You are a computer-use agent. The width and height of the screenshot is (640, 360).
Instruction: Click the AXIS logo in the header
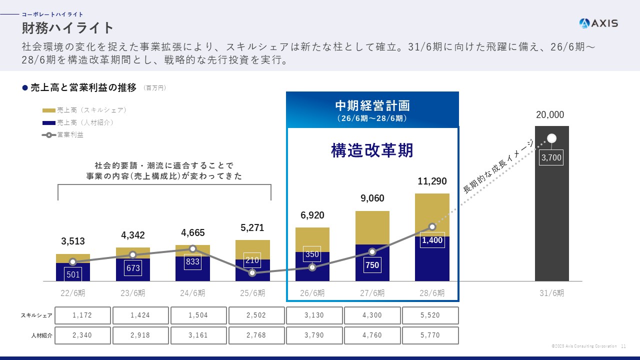tap(598, 23)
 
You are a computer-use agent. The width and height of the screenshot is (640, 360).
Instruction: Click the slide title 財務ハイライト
tap(68, 27)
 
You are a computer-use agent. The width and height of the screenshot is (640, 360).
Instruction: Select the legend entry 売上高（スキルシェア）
tap(84, 110)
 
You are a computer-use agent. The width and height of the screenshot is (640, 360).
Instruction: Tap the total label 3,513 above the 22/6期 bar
tap(73, 241)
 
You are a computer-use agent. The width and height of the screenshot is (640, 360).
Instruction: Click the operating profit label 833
tap(192, 261)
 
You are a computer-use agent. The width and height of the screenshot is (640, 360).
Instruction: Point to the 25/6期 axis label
tap(252, 293)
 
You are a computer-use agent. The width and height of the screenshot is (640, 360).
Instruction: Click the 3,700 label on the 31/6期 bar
tap(551, 158)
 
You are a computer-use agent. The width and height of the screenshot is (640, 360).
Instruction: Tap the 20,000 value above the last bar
tap(550, 115)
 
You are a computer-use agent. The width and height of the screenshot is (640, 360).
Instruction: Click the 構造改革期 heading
tap(372, 150)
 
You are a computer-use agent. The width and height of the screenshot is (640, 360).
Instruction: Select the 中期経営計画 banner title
tap(372, 106)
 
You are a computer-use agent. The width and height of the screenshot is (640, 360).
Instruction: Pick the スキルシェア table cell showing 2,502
tap(256, 315)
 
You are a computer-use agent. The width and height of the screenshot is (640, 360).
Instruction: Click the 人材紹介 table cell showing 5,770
tap(430, 335)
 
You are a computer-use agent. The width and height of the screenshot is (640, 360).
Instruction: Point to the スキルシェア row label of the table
tap(36, 315)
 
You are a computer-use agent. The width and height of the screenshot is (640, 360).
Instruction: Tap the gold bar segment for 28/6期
tap(432, 210)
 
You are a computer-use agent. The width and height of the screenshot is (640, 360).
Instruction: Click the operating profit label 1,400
tap(432, 240)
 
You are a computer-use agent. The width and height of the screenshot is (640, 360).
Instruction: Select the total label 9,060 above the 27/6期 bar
tap(372, 198)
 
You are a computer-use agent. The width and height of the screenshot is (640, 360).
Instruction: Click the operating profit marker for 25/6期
tap(252, 272)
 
